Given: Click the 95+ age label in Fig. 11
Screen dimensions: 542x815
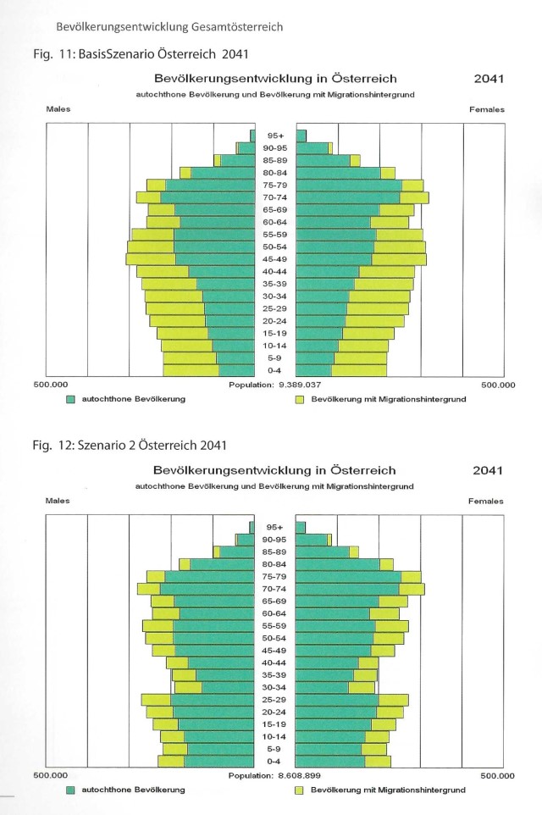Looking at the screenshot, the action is (x=275, y=136).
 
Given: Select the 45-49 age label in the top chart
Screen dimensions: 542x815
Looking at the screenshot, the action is (x=275, y=259).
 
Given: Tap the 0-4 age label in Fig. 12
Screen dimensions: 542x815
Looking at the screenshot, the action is (x=274, y=762).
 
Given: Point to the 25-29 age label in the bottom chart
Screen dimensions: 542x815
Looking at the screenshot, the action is (x=274, y=700).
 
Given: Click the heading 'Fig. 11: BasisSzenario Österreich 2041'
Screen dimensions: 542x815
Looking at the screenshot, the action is (x=141, y=54).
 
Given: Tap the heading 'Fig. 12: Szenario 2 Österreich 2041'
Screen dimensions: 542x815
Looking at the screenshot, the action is (x=130, y=446).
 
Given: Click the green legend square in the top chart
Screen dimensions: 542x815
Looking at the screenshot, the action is (x=70, y=400).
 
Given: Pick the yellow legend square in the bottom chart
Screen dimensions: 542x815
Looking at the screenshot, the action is (x=299, y=790).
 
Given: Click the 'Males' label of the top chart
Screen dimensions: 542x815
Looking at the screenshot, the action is (x=58, y=109).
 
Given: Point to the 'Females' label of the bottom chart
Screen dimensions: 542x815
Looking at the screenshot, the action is (x=486, y=501).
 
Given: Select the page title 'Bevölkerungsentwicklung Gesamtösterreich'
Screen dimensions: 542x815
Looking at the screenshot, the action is (x=169, y=27).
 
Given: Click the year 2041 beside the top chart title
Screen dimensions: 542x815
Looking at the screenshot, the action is (x=489, y=79).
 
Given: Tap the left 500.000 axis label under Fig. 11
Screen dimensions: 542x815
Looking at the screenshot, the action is (x=51, y=385).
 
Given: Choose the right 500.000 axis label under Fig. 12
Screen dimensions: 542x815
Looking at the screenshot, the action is (x=497, y=776).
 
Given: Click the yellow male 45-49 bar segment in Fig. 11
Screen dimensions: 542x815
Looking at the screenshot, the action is (x=151, y=259).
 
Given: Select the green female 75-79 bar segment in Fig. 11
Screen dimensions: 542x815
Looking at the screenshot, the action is (x=349, y=185).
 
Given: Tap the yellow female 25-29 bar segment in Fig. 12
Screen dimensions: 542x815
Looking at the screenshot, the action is (x=393, y=700).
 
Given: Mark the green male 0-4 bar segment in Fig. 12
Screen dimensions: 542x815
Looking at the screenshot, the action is (x=218, y=762).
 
